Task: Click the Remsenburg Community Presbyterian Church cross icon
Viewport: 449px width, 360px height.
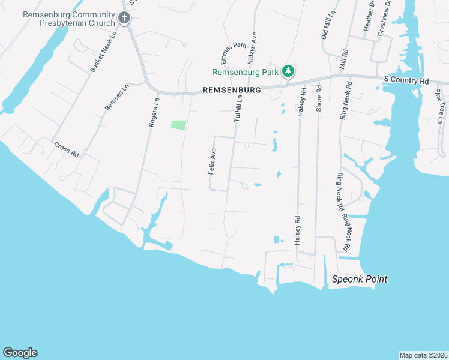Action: (x=124, y=18)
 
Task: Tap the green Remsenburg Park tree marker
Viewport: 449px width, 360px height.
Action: (x=289, y=72)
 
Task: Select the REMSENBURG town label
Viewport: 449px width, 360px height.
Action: (x=232, y=89)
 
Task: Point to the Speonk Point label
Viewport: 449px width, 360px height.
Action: (x=360, y=279)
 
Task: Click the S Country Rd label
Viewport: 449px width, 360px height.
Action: (x=407, y=80)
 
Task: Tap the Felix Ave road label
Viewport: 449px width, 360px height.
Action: (x=212, y=162)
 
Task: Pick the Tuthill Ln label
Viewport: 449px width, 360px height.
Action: (x=238, y=109)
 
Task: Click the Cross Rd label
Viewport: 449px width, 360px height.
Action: (x=67, y=149)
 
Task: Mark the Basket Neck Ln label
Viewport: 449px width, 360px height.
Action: (x=103, y=53)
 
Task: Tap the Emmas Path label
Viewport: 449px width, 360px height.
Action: (x=233, y=52)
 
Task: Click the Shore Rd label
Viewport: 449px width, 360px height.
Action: (x=319, y=98)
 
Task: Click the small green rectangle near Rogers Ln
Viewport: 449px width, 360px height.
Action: (x=178, y=125)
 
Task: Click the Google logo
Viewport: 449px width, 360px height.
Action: (x=20, y=353)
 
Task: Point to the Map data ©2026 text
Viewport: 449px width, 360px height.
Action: (x=423, y=355)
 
